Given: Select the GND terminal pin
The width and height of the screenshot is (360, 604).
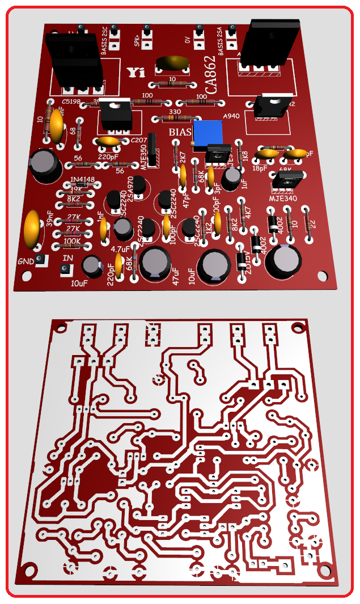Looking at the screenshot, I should [x=40, y=260].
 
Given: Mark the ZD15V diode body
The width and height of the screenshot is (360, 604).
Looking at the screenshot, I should [x=241, y=262].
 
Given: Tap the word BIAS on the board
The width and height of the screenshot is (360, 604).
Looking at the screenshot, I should [x=181, y=132].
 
